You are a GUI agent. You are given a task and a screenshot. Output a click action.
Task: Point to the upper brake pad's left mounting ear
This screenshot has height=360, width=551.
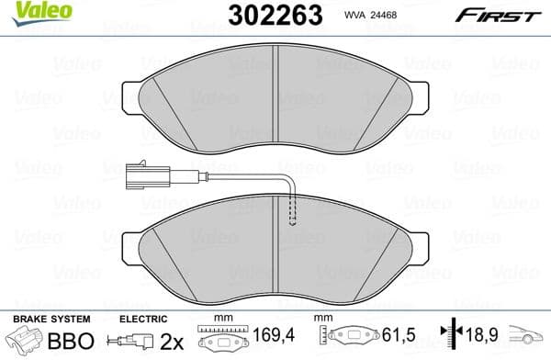[x=130, y=96]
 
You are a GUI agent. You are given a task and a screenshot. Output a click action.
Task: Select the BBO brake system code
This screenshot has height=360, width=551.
[x=68, y=340]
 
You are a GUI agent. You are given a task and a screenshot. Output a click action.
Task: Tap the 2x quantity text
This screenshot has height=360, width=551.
[x=172, y=340]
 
